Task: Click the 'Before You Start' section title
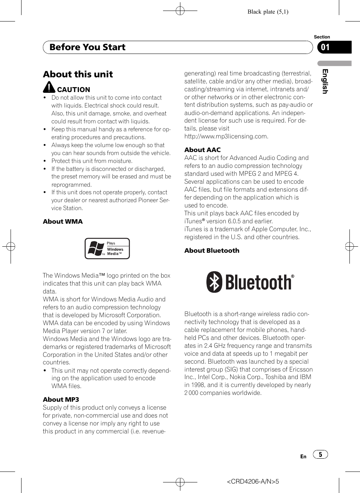coord(87,47)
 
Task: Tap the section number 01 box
coord(334,47)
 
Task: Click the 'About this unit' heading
coord(78,74)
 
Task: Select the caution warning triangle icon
coord(49,87)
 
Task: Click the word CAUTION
coord(74,90)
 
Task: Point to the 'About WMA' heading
coord(63,221)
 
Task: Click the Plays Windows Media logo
coord(107,249)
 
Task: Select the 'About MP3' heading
coord(61,399)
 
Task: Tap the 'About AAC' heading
coord(202,150)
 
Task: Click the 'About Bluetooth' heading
coord(212,250)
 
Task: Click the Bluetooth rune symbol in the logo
coord(214,282)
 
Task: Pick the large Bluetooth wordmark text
coord(258,283)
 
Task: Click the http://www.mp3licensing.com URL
coord(226,137)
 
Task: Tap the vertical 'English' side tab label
coord(325,81)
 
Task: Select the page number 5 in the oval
coord(320,455)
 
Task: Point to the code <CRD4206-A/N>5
coord(253,481)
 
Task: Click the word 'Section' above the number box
coord(322,37)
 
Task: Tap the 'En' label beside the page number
coord(303,456)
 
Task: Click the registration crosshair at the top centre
coord(180,11)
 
